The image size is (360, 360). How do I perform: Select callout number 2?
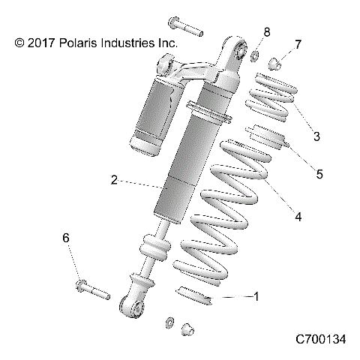(114, 180)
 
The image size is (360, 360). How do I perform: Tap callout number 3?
(316, 136)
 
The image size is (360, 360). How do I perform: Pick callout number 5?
(319, 174)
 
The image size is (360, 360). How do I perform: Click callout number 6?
(66, 238)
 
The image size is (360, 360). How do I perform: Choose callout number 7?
(298, 45)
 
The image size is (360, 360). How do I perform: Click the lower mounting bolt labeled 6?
(91, 289)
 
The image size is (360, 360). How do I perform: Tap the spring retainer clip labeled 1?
(194, 295)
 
